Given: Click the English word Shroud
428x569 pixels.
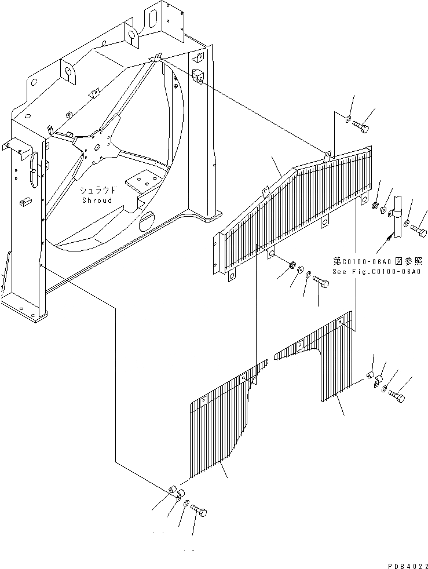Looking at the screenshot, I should click(x=98, y=200).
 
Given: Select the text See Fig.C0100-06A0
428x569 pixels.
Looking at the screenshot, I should click(x=376, y=272).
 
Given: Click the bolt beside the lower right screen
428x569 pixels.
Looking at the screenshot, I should click(x=396, y=397).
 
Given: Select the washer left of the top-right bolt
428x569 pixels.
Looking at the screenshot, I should click(x=348, y=119).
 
